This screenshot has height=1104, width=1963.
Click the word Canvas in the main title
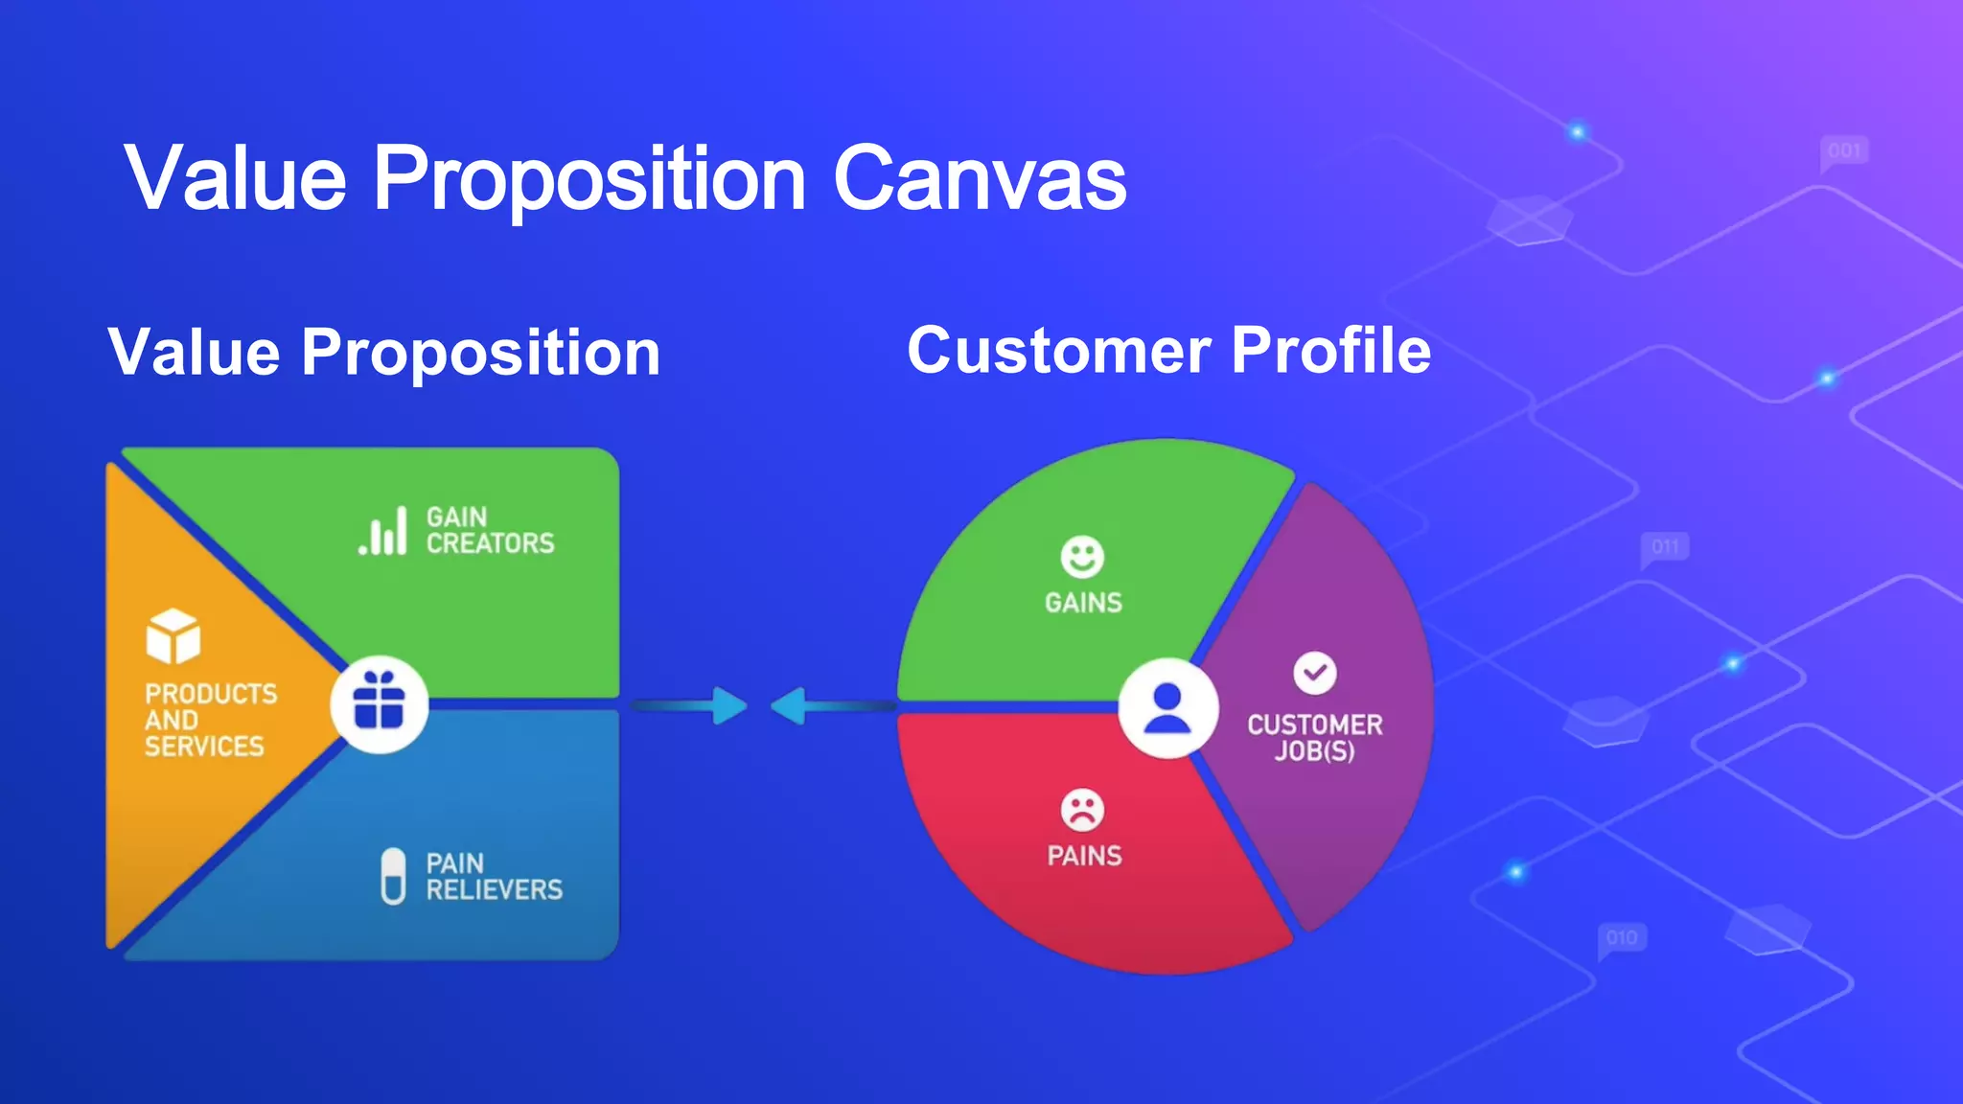click(x=980, y=179)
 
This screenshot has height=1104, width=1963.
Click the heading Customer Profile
click(x=1168, y=351)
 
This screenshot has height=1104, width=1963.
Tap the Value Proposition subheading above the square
click(x=384, y=353)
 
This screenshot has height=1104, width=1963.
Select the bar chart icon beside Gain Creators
click(x=383, y=532)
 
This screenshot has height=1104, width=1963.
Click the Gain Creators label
click(x=489, y=530)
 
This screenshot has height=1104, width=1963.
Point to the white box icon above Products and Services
click(x=173, y=636)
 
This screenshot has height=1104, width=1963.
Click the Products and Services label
click(x=210, y=720)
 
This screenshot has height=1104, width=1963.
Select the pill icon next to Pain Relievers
click(x=393, y=876)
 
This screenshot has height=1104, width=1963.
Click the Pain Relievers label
click(x=493, y=877)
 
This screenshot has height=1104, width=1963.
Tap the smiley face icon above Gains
click(x=1082, y=557)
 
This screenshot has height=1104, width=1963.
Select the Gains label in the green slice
click(x=1083, y=603)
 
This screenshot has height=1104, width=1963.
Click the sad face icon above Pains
click(x=1082, y=811)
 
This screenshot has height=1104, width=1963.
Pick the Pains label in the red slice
click(x=1084, y=856)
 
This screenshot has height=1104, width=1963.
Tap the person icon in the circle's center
click(x=1167, y=708)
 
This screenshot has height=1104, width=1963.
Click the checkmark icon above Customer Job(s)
click(x=1314, y=673)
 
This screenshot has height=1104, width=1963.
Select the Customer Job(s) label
click(x=1314, y=737)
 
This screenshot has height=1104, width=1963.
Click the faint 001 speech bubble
click(x=1843, y=151)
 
